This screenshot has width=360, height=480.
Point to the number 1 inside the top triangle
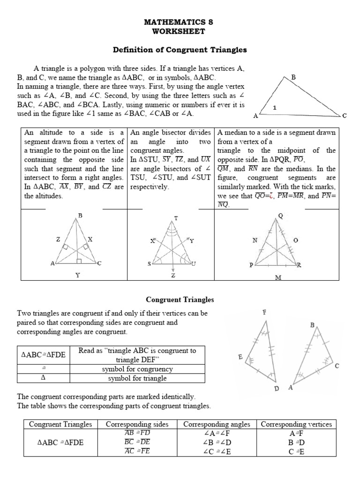pyautogui.click(x=275, y=107)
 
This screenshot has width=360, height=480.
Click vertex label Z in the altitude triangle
pyautogui.click(x=58, y=239)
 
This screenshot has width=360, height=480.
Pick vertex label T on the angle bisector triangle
pyautogui.click(x=176, y=218)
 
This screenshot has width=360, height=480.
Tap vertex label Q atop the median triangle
pyautogui.click(x=281, y=216)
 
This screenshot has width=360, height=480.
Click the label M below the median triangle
pyautogui.click(x=277, y=278)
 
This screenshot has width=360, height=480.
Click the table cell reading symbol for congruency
pyautogui.click(x=135, y=369)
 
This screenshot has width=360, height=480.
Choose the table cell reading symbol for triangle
pyautogui.click(x=135, y=378)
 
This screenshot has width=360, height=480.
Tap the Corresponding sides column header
pyautogui.click(x=137, y=424)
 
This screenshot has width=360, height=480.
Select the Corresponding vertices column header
pyautogui.click(x=296, y=424)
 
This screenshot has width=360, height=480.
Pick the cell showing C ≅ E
pyautogui.click(x=296, y=451)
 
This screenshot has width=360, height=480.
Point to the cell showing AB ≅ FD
pyautogui.click(x=137, y=433)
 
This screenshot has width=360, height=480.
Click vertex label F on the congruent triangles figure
pyautogui.click(x=264, y=312)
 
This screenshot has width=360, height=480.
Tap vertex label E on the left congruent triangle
pyautogui.click(x=240, y=357)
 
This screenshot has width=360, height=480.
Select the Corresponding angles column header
pyautogui.click(x=217, y=424)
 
